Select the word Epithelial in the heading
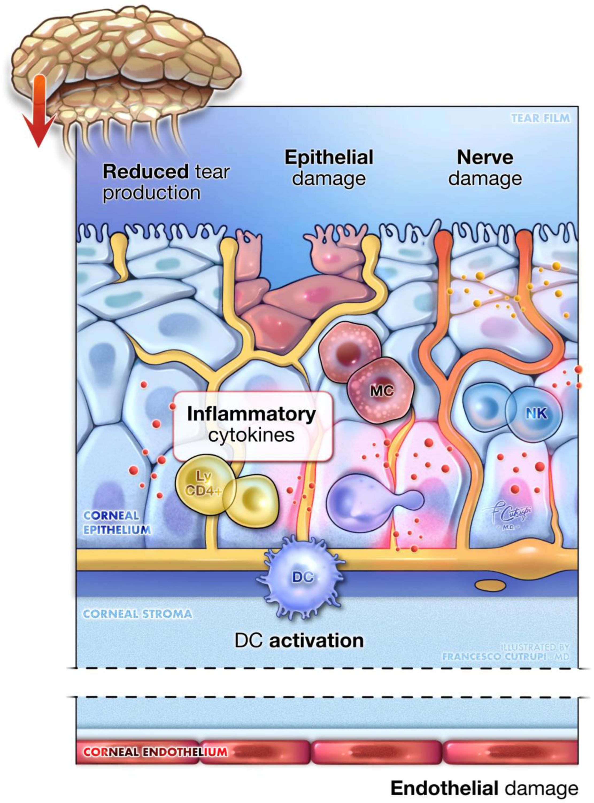(329, 158)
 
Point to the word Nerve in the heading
(485, 158)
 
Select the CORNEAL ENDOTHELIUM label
(155, 752)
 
